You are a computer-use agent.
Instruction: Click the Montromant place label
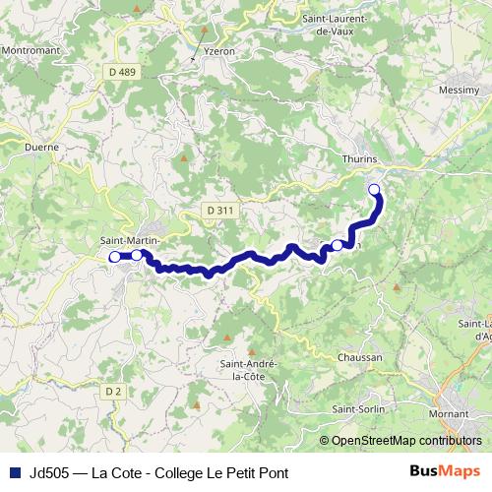(x=31, y=49)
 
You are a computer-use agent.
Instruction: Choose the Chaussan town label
(x=358, y=357)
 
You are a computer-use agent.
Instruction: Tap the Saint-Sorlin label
(x=358, y=409)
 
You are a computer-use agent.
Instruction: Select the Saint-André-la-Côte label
(x=248, y=368)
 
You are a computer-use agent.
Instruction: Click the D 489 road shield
(x=124, y=71)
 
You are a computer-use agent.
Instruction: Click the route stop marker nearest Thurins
(x=374, y=189)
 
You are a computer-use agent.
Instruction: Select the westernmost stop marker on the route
(x=114, y=257)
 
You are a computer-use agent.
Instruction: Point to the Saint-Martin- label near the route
(x=131, y=239)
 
